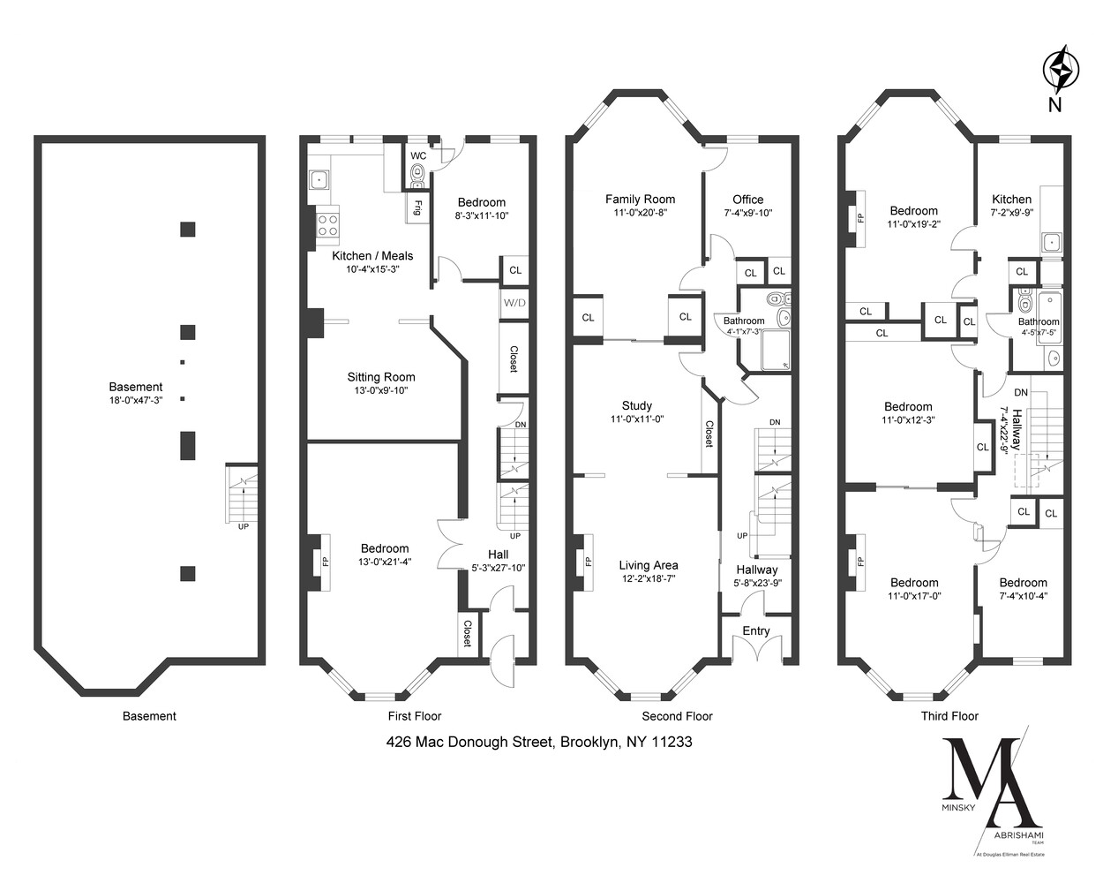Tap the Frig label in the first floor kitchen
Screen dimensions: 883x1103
click(414, 208)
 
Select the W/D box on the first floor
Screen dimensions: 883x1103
click(514, 303)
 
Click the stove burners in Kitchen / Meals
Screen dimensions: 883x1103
click(328, 224)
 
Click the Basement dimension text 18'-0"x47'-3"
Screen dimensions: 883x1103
click(136, 400)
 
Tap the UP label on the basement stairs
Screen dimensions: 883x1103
click(243, 526)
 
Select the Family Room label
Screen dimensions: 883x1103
click(640, 200)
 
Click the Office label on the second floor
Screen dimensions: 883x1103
click(747, 200)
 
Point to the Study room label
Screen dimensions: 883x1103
click(635, 407)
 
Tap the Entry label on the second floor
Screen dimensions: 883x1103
click(756, 630)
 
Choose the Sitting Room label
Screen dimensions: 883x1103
click(381, 377)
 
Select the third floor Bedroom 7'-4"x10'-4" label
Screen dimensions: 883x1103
click(1023, 583)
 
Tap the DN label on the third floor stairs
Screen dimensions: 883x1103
click(1020, 392)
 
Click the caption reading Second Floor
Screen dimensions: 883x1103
click(677, 716)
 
